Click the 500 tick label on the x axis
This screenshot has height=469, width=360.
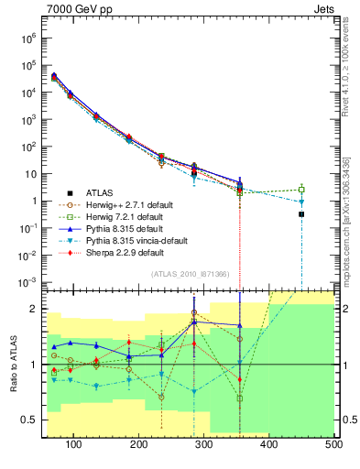333,444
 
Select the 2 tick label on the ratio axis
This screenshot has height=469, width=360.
36,309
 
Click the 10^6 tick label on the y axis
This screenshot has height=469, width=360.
28,39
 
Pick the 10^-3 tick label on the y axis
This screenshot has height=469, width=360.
27,281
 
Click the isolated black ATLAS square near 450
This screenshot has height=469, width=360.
301,214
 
